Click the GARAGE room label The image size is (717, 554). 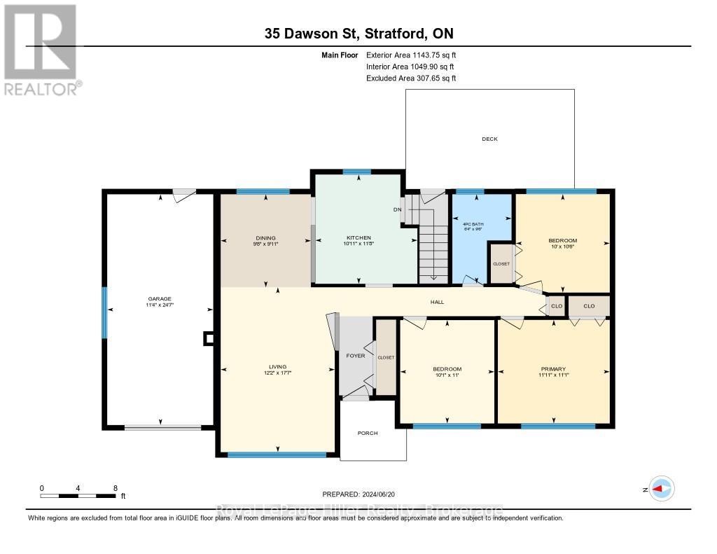(159, 298)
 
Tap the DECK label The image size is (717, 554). (489, 139)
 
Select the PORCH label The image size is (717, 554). (368, 434)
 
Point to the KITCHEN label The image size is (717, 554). (358, 238)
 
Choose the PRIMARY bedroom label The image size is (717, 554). (552, 369)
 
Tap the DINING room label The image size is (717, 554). (265, 238)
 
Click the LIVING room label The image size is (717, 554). (277, 366)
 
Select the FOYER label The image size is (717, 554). (356, 356)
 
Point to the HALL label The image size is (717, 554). (437, 303)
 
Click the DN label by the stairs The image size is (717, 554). (396, 209)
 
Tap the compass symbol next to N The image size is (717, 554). (662, 490)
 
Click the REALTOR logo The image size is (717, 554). (40, 49)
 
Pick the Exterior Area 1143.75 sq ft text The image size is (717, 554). (411, 55)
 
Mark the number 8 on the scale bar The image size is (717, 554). (115, 488)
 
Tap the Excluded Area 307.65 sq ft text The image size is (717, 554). (411, 78)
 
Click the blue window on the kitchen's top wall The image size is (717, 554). (357, 172)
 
